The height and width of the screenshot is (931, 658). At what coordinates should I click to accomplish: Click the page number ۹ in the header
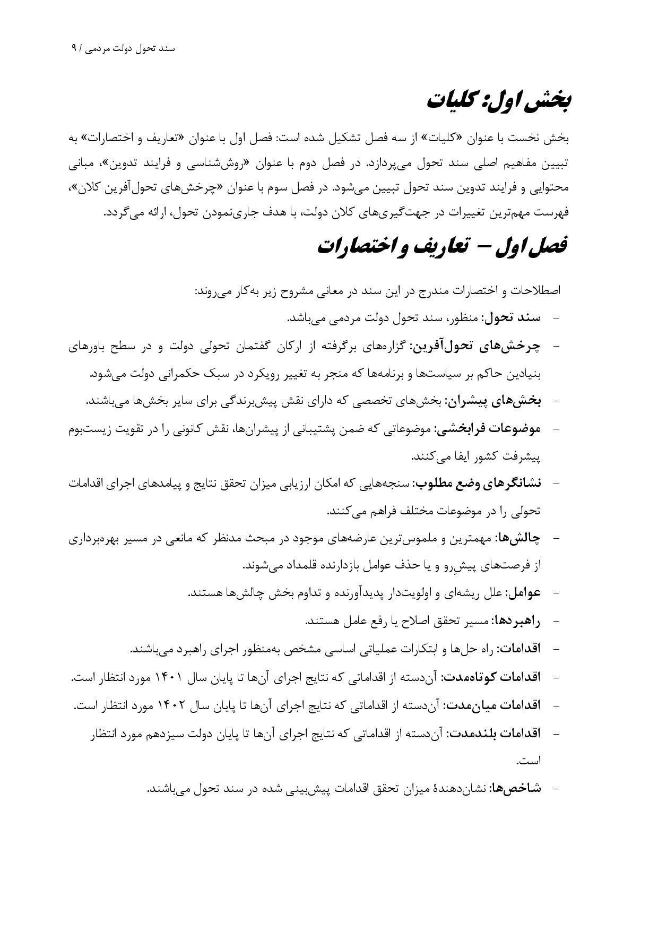tap(74, 48)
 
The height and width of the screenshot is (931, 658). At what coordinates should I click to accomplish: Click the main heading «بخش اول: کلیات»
tap(499, 101)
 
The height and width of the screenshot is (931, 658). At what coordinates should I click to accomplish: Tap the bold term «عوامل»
tap(524, 593)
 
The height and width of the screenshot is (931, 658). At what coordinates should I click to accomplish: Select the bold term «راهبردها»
tap(516, 620)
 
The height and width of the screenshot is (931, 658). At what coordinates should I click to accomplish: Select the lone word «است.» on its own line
tap(529, 761)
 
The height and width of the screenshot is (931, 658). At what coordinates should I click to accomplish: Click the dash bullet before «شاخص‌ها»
tap(556, 789)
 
